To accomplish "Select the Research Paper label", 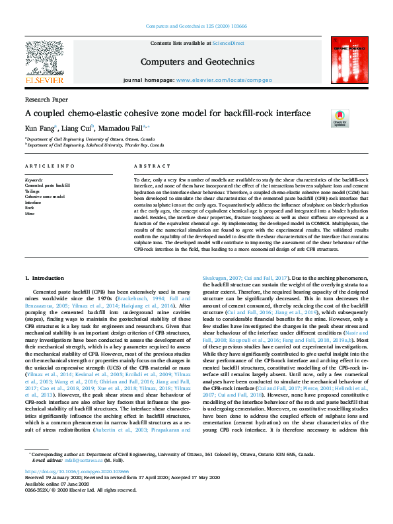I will point(46,98).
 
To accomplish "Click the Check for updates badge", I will point(339,118).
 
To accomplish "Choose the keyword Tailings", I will point(32,191).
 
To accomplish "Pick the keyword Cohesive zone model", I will point(45,197).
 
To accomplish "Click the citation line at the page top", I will point(196,28).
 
